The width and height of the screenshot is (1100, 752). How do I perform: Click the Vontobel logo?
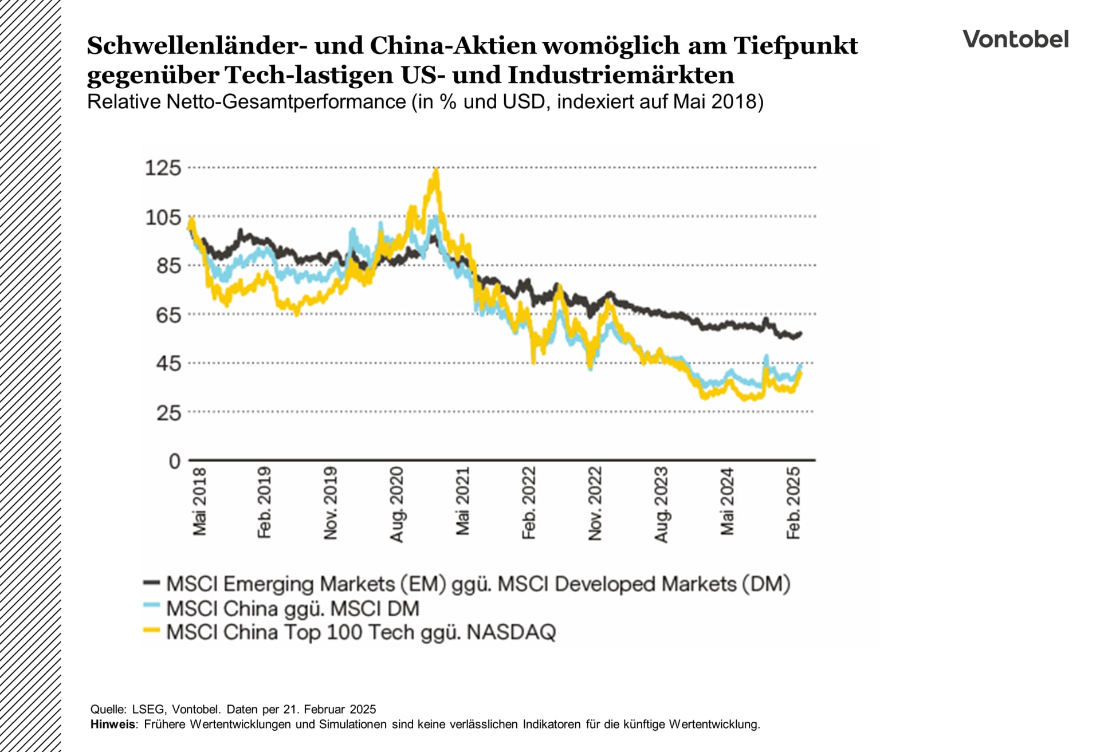coord(1015,39)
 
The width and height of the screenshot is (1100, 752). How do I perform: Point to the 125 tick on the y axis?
coord(163,168)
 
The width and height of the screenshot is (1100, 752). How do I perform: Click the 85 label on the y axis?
coord(168,266)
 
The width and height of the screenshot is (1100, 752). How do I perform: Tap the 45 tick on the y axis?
coord(168,363)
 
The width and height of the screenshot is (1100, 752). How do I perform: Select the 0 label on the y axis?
coord(174,461)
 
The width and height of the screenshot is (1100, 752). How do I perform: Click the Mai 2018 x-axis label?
coord(199,502)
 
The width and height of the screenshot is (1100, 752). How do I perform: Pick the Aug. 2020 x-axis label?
coord(396,504)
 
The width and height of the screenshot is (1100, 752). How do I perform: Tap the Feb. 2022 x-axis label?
coord(528,503)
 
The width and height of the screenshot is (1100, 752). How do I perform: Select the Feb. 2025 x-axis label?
coord(793,503)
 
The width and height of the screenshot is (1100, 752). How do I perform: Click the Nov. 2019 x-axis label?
coord(331,503)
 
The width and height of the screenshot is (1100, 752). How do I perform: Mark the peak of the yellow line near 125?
coord(437,170)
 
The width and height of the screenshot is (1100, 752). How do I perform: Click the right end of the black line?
coord(800,333)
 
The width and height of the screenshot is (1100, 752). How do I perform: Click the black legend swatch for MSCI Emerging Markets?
coord(151,583)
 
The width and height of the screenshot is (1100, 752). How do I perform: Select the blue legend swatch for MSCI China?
coord(151,605)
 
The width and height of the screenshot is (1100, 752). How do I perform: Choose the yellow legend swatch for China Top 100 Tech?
coord(151,630)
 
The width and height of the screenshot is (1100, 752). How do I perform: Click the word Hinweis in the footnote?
coord(113,724)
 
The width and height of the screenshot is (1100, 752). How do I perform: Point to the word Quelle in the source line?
coord(107,709)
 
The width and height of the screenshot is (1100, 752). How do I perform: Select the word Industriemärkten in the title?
coord(620,75)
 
